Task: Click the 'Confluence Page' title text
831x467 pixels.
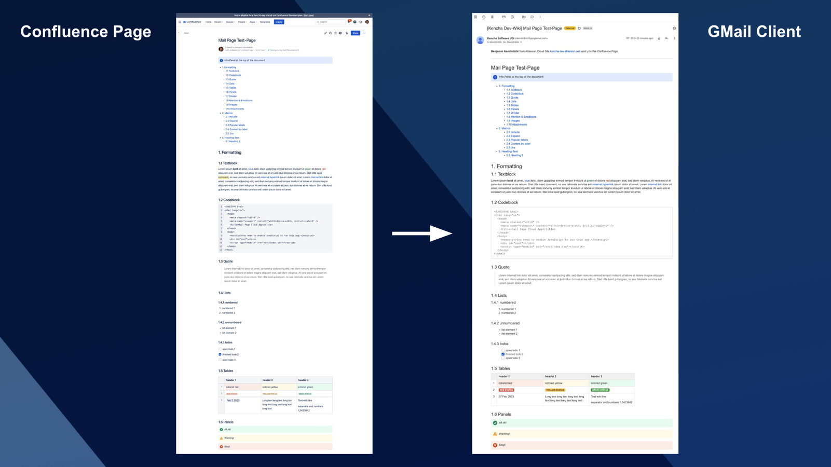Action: pos(86,32)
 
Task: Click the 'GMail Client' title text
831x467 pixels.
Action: pos(754,32)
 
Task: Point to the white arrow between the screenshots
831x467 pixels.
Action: pos(421,233)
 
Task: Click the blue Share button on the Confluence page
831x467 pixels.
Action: pos(356,33)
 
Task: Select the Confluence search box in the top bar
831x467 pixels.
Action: pos(330,22)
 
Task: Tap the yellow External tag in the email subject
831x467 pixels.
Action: pos(570,29)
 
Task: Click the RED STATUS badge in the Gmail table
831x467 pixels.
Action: pos(506,390)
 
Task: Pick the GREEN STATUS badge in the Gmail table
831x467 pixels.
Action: pos(600,390)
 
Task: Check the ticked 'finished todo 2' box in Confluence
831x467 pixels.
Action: pos(220,354)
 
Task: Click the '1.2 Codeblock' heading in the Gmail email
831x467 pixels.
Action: pos(505,202)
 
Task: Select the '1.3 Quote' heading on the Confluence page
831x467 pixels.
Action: pos(225,262)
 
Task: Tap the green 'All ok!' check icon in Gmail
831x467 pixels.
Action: pos(495,423)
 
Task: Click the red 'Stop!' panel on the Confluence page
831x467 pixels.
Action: pos(275,446)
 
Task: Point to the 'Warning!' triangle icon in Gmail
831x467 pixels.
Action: pos(495,434)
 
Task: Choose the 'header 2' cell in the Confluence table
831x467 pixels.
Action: pos(268,380)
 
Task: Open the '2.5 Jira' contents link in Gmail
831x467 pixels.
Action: pos(511,147)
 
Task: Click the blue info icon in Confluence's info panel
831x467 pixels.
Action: pos(221,60)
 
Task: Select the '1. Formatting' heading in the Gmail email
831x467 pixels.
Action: pos(507,167)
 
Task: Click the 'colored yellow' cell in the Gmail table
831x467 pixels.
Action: pos(553,383)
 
